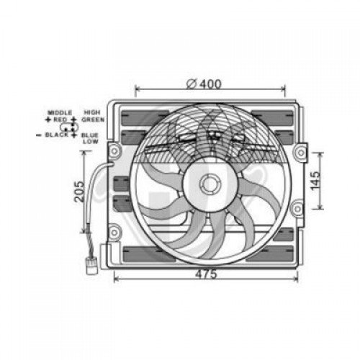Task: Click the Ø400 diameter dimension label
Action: [204, 84]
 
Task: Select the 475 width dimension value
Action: [206, 274]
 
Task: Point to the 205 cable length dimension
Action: [79, 192]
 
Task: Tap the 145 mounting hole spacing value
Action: [315, 181]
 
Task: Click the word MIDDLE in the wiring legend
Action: [60, 112]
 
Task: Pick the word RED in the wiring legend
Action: [60, 120]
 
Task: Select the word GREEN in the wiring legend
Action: [93, 120]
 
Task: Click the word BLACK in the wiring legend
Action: [57, 135]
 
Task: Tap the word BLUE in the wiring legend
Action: [90, 135]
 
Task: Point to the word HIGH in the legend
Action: [92, 112]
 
